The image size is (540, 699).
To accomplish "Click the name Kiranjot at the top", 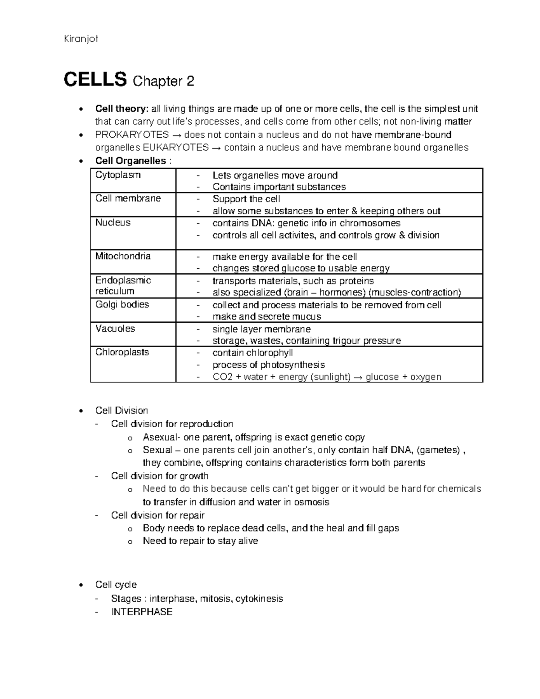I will pyautogui.click(x=81, y=39).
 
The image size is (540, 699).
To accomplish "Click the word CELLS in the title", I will pyautogui.click(x=95, y=80).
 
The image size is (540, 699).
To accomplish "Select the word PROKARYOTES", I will pyautogui.click(x=132, y=135).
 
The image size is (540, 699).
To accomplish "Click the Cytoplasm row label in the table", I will pyautogui.click(x=118, y=175).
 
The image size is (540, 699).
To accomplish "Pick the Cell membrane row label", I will pyautogui.click(x=128, y=198).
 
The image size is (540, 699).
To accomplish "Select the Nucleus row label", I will pyautogui.click(x=112, y=223).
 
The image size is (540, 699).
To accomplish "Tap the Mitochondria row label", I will pyautogui.click(x=123, y=257).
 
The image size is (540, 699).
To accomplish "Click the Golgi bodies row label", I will pyautogui.click(x=122, y=305).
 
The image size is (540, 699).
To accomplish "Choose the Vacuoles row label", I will pyautogui.click(x=115, y=329).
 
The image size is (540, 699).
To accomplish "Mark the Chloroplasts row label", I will pyautogui.click(x=122, y=352).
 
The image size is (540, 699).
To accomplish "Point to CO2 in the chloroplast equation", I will pyautogui.click(x=222, y=377).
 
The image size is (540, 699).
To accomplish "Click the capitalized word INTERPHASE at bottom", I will pyautogui.click(x=142, y=612).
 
